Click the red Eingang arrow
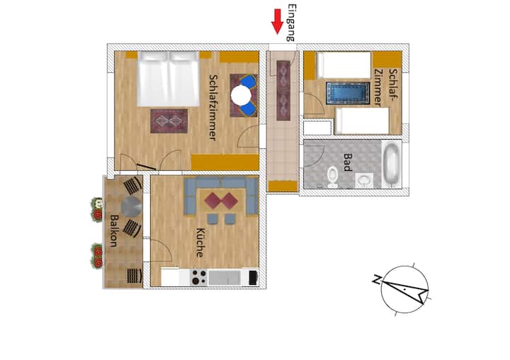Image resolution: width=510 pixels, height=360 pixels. tap(278, 21)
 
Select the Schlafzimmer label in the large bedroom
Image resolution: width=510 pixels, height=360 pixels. tap(213, 108)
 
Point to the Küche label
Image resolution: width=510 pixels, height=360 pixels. tap(200, 243)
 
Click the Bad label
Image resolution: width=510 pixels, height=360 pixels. tap(347, 162)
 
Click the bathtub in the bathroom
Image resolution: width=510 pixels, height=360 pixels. tap(392, 164)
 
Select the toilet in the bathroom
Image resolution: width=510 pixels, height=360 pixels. tap(332, 176)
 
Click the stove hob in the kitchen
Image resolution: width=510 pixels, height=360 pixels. tap(198, 277)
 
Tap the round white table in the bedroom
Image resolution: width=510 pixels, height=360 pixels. tap(241, 96)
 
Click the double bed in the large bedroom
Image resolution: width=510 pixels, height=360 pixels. tap(168, 79)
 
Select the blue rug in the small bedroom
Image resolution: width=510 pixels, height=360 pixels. tap(348, 93)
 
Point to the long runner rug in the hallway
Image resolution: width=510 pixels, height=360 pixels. tap(283, 91)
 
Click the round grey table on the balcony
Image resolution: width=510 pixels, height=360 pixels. tap(131, 207)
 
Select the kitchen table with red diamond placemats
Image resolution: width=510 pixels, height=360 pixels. tap(222, 201)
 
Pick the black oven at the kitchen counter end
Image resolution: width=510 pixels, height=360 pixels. tap(253, 278)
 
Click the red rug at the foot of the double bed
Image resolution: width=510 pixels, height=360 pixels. tap(169, 120)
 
